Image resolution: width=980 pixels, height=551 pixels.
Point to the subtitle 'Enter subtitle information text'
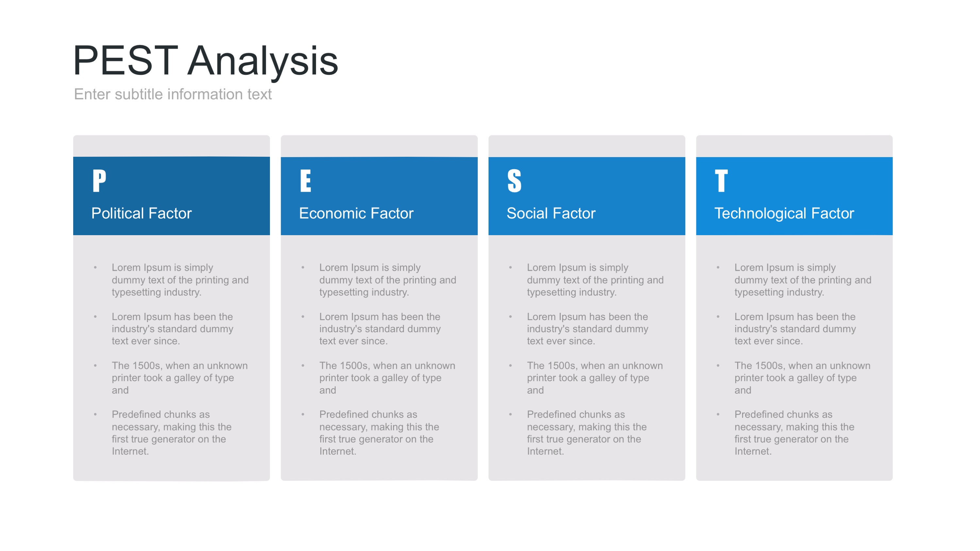point(173,94)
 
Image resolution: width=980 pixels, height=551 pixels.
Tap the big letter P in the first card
point(99,181)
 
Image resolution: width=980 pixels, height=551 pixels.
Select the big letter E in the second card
point(306,181)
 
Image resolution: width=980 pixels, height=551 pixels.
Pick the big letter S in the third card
point(514,181)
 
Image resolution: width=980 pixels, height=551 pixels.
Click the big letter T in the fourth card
point(721,181)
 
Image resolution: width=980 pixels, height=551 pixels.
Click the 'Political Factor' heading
point(141,213)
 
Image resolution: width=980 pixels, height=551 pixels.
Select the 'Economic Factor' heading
point(356,213)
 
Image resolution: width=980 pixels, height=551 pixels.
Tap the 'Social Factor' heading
point(551,213)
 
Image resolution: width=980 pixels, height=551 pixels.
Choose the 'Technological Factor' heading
point(784,214)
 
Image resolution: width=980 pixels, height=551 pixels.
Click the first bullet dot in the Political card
point(95,268)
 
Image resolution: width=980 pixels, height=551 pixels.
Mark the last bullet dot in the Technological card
point(718,414)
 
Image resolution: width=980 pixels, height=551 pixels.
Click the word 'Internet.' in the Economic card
point(338,451)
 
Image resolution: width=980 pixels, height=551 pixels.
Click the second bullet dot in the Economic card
point(303,317)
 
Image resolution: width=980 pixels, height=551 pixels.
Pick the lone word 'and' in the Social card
point(535,391)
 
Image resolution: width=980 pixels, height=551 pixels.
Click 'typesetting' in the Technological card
point(759,293)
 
